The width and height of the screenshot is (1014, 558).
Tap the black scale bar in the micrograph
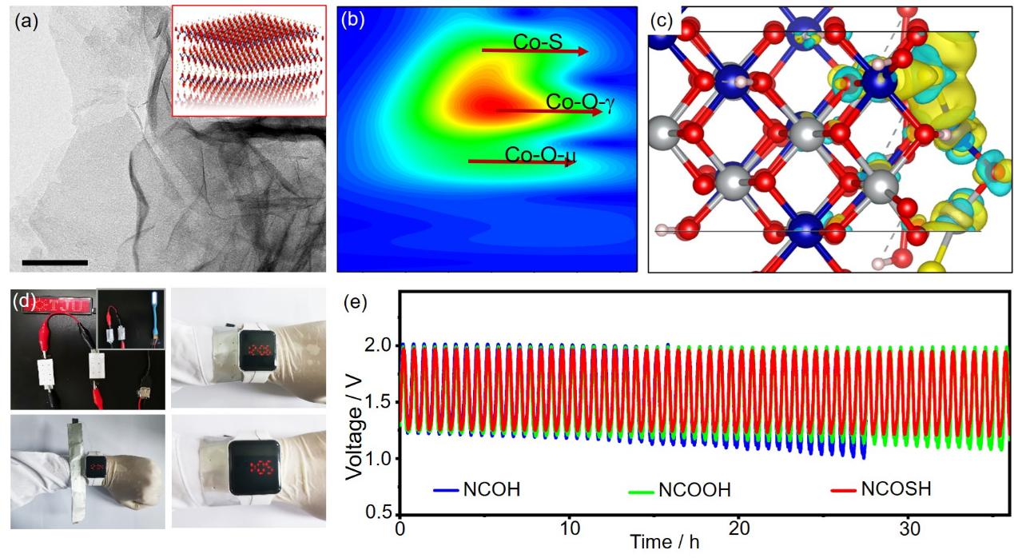(55, 262)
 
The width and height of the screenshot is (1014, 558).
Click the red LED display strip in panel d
(53, 305)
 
